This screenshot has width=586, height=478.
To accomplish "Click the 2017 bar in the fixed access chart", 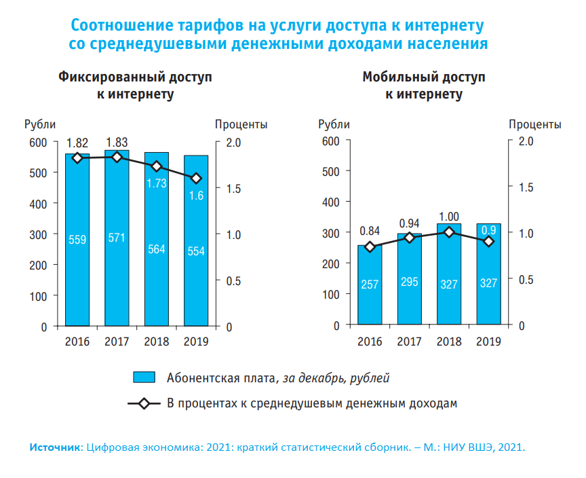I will (117, 272).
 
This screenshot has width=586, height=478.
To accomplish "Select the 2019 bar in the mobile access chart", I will (489, 285).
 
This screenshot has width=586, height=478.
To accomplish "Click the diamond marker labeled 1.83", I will (117, 157).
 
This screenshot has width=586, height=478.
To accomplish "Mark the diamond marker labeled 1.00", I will (449, 232).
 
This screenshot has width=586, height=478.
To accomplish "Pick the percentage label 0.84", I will (370, 229).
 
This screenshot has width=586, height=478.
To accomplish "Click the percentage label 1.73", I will (157, 183).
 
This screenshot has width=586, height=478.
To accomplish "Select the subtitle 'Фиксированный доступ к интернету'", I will (135, 85).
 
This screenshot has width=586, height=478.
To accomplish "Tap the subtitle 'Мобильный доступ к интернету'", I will (424, 85).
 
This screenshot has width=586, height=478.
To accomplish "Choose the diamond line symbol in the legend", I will (144, 403).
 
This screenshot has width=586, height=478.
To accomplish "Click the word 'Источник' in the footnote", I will (54, 447).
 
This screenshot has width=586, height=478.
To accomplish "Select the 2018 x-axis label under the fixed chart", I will (157, 342).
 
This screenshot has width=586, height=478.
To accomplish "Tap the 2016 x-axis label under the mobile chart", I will (370, 341).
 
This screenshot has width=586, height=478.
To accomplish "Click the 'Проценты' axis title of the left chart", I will (241, 124).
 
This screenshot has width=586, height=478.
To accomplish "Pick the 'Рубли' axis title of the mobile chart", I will (334, 124).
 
